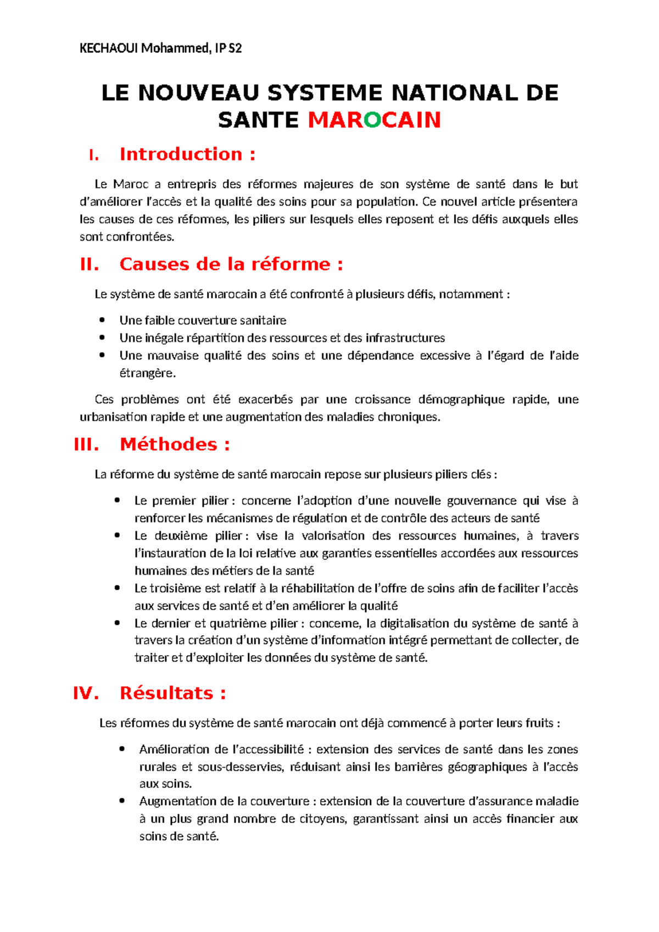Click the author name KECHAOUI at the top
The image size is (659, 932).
pyautogui.click(x=109, y=48)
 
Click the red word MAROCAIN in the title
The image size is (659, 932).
pyautogui.click(x=375, y=120)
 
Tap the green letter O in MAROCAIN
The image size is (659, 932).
pyautogui.click(x=372, y=120)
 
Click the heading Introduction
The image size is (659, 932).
pyautogui.click(x=181, y=154)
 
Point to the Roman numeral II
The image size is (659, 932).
pyautogui.click(x=89, y=264)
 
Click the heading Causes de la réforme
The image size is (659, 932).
pyautogui.click(x=225, y=264)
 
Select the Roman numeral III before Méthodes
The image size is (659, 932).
pyautogui.click(x=86, y=445)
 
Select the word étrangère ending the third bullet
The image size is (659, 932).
pyautogui.click(x=147, y=374)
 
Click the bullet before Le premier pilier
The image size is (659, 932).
pyautogui.click(x=117, y=500)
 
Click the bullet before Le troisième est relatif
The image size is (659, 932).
pyautogui.click(x=117, y=588)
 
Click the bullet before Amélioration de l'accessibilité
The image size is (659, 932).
pyautogui.click(x=122, y=749)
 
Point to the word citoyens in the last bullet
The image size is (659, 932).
pyautogui.click(x=323, y=819)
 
